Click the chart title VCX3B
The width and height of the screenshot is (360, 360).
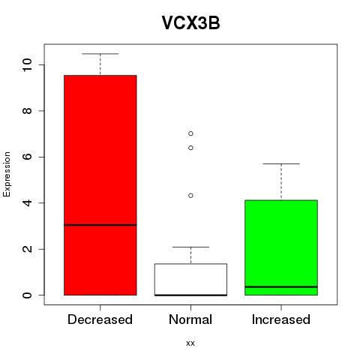[190, 23]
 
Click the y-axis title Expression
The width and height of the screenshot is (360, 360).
[7, 174]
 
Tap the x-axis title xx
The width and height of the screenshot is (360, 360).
[190, 343]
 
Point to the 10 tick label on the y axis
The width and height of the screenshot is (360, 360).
[27, 64]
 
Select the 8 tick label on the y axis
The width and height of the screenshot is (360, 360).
[27, 111]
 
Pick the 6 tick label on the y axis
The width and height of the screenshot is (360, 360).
[27, 157]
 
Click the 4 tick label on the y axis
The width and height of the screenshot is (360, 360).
[27, 202]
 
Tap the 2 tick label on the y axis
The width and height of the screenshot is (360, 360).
[27, 249]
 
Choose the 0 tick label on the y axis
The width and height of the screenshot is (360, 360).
[27, 295]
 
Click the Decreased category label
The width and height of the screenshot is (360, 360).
[100, 319]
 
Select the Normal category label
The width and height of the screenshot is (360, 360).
[190, 319]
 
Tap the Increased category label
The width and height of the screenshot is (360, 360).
[281, 319]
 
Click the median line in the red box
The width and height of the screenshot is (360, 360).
[100, 225]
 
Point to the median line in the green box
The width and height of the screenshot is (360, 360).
[281, 286]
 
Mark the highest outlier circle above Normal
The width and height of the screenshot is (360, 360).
[190, 133]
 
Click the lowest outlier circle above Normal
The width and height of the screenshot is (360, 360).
[190, 196]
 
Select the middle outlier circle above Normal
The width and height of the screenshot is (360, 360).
[190, 148]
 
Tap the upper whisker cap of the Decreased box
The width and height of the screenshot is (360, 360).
[100, 54]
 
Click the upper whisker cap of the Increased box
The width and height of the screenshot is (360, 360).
[281, 163]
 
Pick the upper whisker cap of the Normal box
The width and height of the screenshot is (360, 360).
[190, 247]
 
